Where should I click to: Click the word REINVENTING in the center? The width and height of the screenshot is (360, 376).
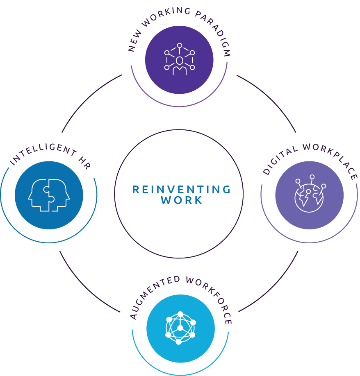click(181, 189)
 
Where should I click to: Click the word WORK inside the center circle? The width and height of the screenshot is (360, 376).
click(181, 200)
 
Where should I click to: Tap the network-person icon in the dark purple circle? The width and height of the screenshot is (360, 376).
click(179, 60)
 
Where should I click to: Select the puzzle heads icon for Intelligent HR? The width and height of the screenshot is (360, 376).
click(49, 195)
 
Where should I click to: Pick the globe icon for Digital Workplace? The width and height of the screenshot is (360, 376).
click(309, 195)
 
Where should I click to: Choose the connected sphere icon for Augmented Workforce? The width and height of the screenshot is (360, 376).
click(180, 328)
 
